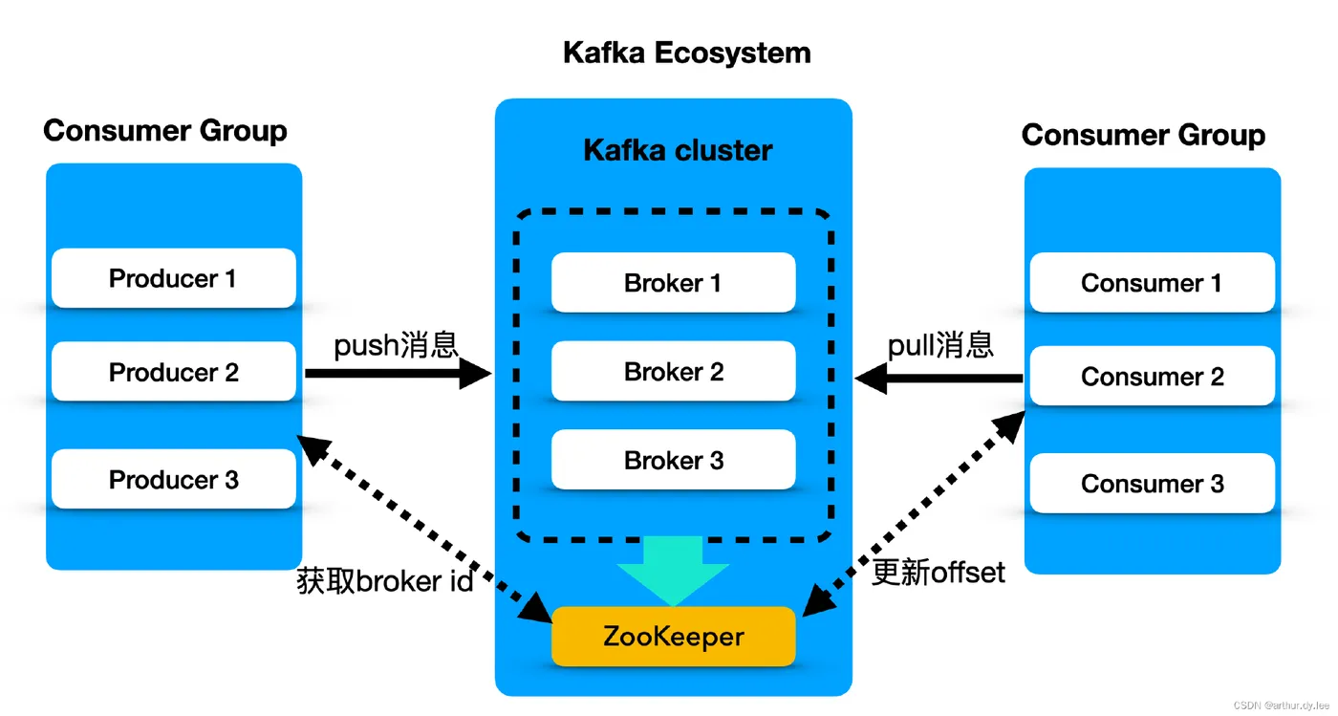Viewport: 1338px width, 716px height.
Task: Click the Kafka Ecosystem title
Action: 686,53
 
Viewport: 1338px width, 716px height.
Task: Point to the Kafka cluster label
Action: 678,150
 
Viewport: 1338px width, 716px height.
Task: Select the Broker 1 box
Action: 673,283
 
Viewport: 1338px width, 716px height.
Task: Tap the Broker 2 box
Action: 673,372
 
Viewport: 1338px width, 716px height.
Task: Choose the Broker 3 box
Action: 673,460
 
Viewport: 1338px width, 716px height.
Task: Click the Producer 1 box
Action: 173,278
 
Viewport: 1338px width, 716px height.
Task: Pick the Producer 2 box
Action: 173,372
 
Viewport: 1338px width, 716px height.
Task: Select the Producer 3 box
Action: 173,479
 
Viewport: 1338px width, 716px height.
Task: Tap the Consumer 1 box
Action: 1152,283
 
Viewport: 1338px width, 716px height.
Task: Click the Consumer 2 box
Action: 1152,377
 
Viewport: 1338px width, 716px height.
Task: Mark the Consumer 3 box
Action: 1152,484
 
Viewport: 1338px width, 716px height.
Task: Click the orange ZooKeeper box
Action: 673,637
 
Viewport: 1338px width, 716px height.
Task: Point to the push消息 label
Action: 396,344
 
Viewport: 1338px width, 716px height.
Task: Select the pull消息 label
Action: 940,344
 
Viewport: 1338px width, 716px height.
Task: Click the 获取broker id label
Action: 385,580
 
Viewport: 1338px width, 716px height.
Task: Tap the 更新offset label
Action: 939,573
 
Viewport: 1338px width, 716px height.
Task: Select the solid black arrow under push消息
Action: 397,374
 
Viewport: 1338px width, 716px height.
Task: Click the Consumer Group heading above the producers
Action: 165,130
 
